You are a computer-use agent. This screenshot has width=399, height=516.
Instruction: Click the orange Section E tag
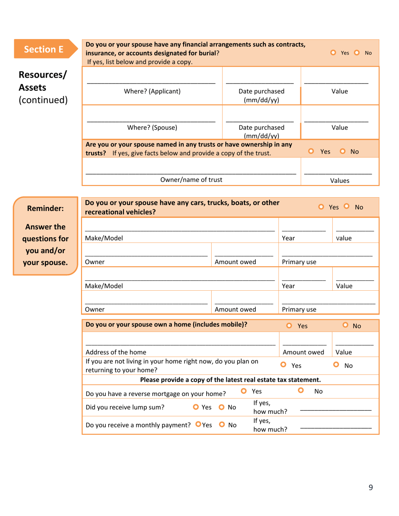tap(44, 50)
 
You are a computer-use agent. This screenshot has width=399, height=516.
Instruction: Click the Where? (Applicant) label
tap(154, 91)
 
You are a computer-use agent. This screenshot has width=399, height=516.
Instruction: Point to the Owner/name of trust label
tap(192, 180)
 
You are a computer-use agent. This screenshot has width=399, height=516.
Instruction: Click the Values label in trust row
tap(340, 181)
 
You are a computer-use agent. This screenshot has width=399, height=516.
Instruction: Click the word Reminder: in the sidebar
tap(45, 208)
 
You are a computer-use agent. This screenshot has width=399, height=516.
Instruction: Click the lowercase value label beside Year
tap(344, 238)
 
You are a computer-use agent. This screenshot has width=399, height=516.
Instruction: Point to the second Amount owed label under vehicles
tap(235, 310)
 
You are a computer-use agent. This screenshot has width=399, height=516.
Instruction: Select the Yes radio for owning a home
tap(289, 325)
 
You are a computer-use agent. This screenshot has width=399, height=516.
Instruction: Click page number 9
tap(370, 487)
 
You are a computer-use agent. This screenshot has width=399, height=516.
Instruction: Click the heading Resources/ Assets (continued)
tap(43, 88)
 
